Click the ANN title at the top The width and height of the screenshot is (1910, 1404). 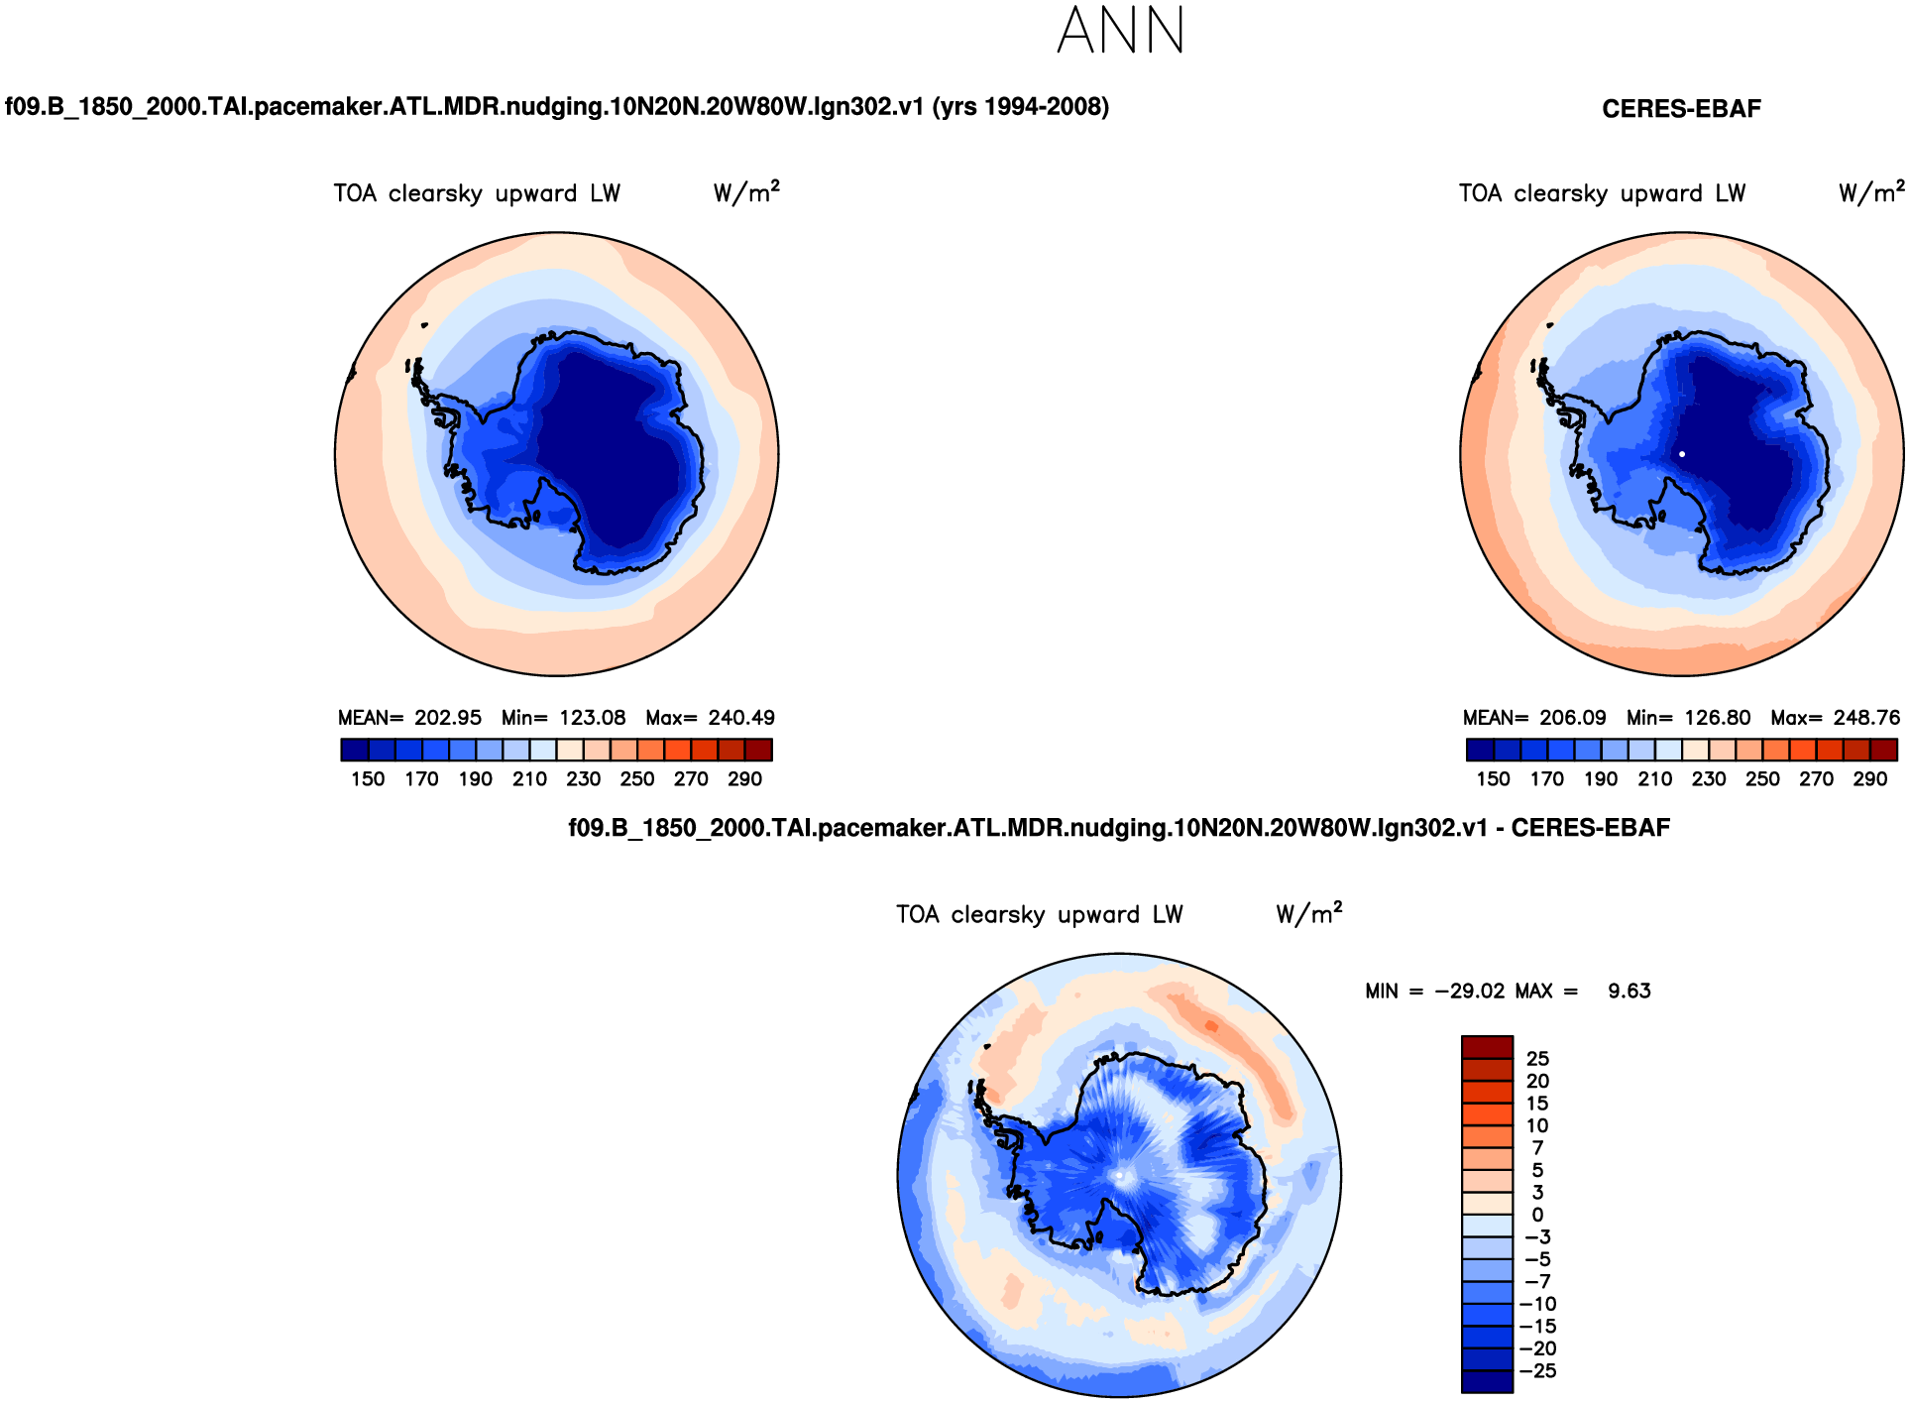(x=1121, y=30)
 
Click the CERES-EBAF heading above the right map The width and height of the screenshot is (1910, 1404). (x=1681, y=109)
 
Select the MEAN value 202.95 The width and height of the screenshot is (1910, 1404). (x=447, y=718)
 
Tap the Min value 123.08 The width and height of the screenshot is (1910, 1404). (x=592, y=718)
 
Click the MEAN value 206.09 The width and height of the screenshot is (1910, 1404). (x=1572, y=718)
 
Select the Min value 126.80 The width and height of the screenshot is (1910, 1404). (x=1717, y=718)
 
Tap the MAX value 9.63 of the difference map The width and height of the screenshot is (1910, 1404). (x=1629, y=992)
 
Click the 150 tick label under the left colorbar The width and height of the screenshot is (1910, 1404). (x=368, y=779)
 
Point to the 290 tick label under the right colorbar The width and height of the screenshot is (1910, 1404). (x=1869, y=779)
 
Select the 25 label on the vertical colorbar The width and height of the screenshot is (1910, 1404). (x=1537, y=1059)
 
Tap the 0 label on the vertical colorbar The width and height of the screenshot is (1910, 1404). (x=1537, y=1215)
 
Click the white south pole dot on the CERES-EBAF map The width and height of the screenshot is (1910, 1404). (x=1682, y=454)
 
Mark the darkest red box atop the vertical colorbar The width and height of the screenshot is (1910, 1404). (x=1487, y=1048)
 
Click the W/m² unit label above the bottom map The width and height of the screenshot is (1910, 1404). (x=1308, y=913)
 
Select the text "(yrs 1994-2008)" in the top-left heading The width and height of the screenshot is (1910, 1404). (x=1020, y=107)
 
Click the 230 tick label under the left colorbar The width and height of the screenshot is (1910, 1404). (x=583, y=779)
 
